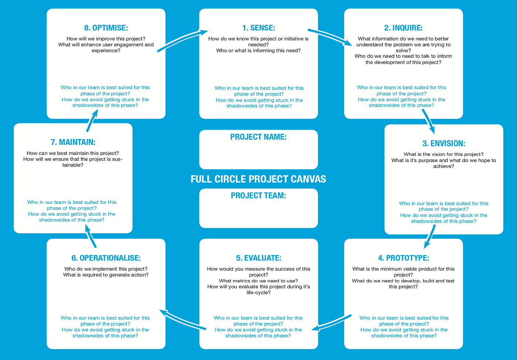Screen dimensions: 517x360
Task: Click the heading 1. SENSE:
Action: (258, 28)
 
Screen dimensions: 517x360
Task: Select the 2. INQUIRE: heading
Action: (403, 28)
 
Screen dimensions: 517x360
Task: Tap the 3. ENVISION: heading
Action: (444, 143)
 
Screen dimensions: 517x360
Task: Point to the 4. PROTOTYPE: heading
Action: (403, 258)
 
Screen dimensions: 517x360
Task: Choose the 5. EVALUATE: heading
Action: (258, 258)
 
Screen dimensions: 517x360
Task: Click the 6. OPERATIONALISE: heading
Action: (106, 258)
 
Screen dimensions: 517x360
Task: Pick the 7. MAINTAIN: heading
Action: (73, 142)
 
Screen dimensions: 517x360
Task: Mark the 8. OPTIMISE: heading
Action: (106, 28)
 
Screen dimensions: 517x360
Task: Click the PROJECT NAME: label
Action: (258, 137)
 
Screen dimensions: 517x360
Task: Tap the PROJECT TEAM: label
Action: (258, 196)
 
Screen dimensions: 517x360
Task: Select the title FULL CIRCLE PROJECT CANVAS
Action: (258, 179)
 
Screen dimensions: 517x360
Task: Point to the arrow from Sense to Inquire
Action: (331, 37)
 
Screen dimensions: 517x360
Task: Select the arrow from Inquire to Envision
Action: (428, 121)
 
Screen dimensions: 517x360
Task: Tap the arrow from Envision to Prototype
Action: (430, 237)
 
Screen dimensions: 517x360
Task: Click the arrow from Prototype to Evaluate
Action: (332, 323)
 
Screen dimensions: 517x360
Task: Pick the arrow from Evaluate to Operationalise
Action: (182, 320)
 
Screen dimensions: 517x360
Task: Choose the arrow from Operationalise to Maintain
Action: (91, 236)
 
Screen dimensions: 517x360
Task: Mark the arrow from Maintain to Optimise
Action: (92, 120)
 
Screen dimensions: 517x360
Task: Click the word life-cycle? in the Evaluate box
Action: (258, 292)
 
